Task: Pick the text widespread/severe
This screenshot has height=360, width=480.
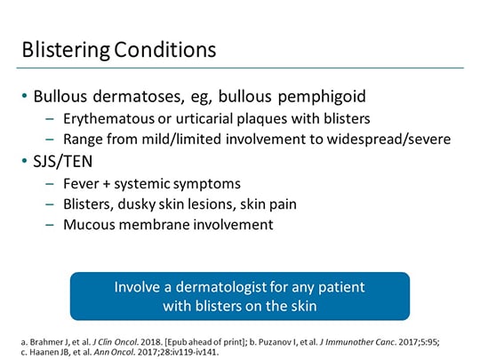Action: [x=398, y=140]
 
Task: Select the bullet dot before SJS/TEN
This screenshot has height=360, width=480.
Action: [x=24, y=163]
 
